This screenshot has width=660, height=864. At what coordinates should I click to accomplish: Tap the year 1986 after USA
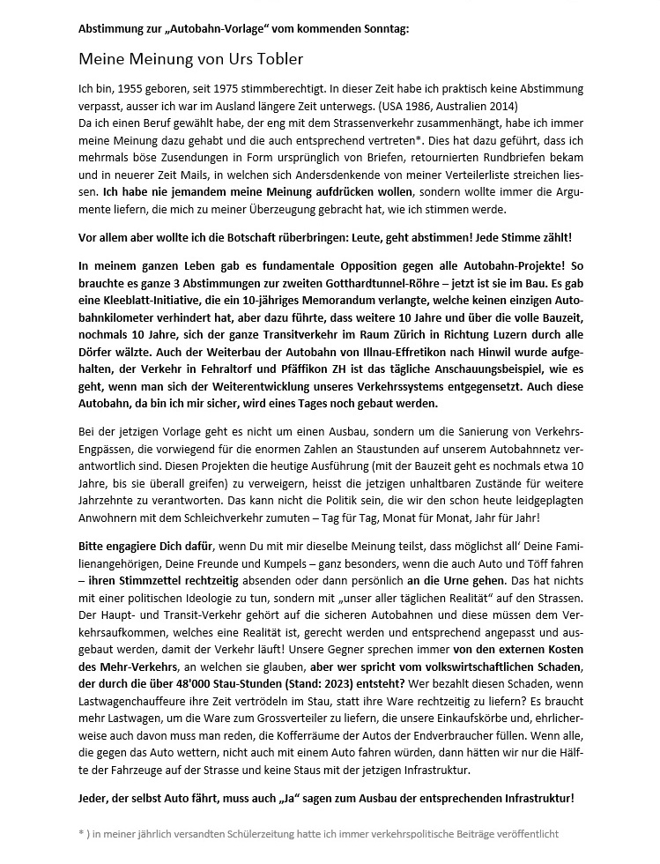pos(374,105)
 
